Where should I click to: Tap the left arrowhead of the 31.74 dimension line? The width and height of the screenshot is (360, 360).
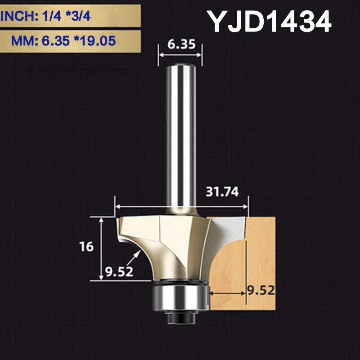pyautogui.click(x=118, y=207)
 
